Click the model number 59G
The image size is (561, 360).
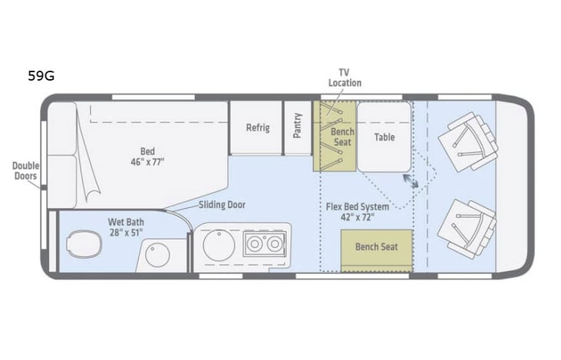(x=40, y=75)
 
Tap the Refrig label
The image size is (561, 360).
(x=257, y=128)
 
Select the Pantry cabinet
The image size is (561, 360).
(x=297, y=126)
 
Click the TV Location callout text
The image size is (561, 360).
(x=345, y=78)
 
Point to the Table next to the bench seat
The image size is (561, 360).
(x=384, y=137)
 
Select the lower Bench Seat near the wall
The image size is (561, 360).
(x=376, y=248)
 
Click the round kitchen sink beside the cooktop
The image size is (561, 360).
(x=218, y=247)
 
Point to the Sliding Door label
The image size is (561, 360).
(x=221, y=205)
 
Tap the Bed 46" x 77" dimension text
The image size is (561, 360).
(x=147, y=157)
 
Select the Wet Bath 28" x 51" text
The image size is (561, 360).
(x=125, y=227)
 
